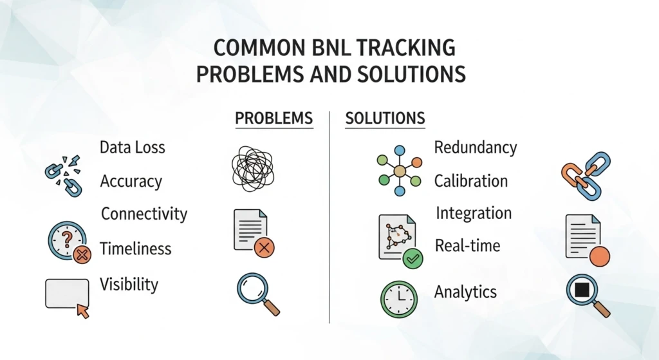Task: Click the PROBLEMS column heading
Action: coord(274,118)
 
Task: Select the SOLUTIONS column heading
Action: coord(385,118)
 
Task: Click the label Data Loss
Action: coord(133,147)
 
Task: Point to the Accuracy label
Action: coord(131,182)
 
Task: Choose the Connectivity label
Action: coord(144,214)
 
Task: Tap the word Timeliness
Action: coord(135,249)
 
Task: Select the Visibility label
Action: coord(129,284)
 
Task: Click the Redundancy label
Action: coord(476,147)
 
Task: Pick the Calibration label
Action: coord(471,181)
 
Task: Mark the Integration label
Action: coord(474,213)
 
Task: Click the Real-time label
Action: coord(467,245)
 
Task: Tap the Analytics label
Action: coord(465,292)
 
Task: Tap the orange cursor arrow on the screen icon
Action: coord(83,311)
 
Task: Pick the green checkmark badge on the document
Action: coord(412,259)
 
